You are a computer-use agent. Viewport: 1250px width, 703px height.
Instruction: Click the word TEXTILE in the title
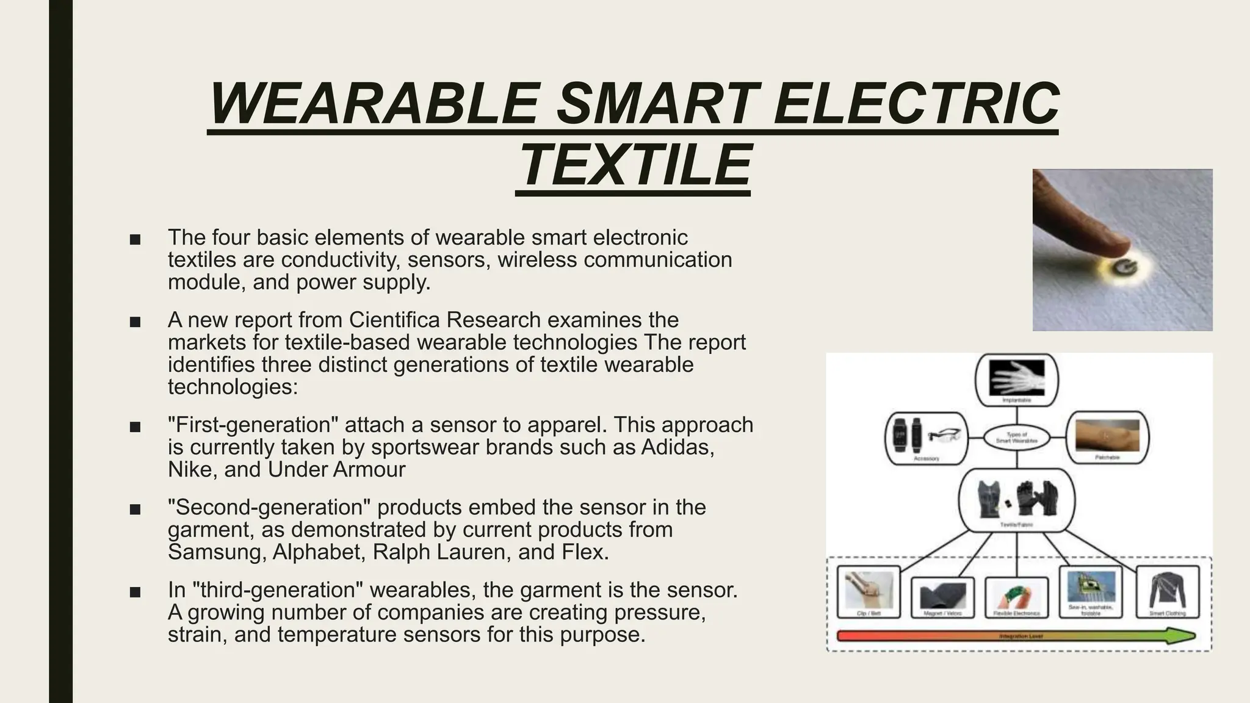coord(633,165)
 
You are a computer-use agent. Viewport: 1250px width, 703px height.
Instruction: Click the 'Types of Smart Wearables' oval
coord(1016,438)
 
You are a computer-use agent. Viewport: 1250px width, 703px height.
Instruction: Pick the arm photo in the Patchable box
coord(1107,436)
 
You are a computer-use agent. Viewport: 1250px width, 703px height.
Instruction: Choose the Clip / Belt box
coord(869,591)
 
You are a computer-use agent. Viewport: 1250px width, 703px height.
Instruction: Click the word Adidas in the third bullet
coord(677,447)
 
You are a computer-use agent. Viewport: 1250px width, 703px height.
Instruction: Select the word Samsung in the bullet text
coord(216,552)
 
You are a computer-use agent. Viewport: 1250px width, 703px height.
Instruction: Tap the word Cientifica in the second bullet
coord(394,320)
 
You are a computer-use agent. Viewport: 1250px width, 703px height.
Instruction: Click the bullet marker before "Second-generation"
coord(135,509)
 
